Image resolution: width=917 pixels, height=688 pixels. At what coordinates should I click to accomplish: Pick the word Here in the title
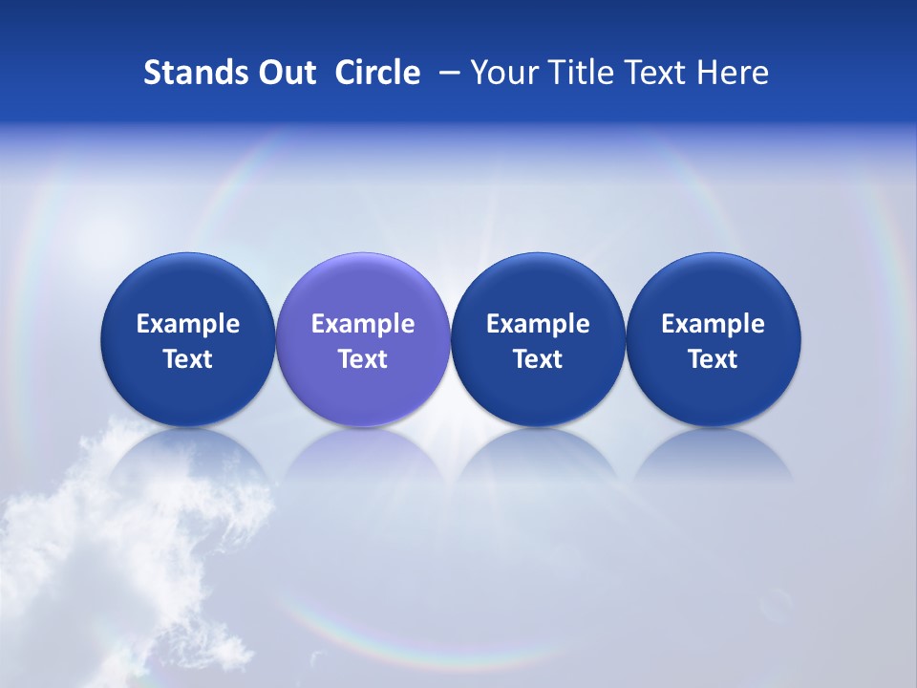point(733,73)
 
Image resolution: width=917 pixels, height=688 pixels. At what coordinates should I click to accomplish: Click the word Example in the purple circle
point(363,324)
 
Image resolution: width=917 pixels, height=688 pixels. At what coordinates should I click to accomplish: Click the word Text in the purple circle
point(363,359)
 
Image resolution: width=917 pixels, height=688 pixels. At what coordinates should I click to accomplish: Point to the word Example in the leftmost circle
point(187,324)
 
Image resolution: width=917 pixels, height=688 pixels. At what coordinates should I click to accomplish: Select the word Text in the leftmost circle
point(187,359)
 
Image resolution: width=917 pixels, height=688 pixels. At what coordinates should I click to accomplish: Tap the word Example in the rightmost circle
point(714,324)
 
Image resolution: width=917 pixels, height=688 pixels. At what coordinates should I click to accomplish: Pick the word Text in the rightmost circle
point(714,359)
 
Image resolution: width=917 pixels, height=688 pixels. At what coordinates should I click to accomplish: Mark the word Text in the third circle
point(538,359)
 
